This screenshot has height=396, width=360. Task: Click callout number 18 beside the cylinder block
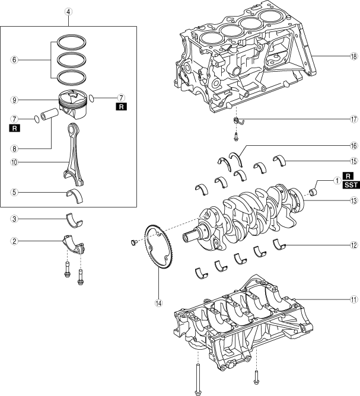353,57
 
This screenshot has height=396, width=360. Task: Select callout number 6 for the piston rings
14,60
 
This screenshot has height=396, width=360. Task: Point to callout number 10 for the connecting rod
14,161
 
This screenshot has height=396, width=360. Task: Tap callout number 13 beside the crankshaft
353,201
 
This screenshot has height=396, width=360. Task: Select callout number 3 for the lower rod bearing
14,219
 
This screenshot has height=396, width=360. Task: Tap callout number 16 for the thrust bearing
353,145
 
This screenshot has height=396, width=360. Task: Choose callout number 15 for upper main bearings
353,161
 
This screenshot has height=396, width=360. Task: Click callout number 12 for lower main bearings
353,245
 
